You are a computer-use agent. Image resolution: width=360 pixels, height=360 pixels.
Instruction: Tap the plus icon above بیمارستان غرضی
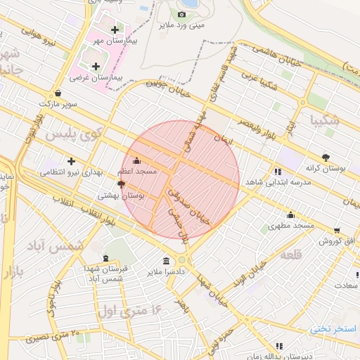[x=96, y=66]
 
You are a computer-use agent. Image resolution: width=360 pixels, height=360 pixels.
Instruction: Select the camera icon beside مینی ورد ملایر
[x=182, y=14]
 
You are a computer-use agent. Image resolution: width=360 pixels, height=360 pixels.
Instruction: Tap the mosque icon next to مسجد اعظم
[x=136, y=160]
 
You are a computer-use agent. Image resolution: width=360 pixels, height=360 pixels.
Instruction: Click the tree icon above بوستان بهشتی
[x=122, y=184]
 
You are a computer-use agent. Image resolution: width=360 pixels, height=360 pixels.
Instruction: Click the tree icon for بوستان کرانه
[x=325, y=157]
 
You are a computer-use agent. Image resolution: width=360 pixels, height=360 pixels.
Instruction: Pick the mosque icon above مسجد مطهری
[x=290, y=215]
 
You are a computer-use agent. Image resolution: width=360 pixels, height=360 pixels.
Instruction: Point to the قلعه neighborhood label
[x=290, y=255]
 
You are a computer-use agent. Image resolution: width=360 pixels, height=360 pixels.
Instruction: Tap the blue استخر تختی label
[x=334, y=329]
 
